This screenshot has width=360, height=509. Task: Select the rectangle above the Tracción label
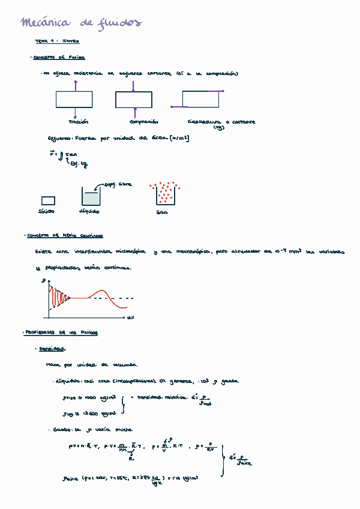74,99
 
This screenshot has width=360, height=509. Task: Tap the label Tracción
78,121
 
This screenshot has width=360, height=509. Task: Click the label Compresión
136,121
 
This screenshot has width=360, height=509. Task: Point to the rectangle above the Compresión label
133,99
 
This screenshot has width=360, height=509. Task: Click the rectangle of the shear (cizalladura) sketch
200,98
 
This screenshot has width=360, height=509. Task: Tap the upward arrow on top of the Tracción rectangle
74,85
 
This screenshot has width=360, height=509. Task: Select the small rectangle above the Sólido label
48,200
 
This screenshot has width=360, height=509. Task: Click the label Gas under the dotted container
161,212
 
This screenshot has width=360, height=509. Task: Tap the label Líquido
89,211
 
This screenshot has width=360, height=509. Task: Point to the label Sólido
46,211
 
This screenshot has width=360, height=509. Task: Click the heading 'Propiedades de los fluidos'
61,333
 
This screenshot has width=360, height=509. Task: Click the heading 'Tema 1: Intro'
58,41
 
